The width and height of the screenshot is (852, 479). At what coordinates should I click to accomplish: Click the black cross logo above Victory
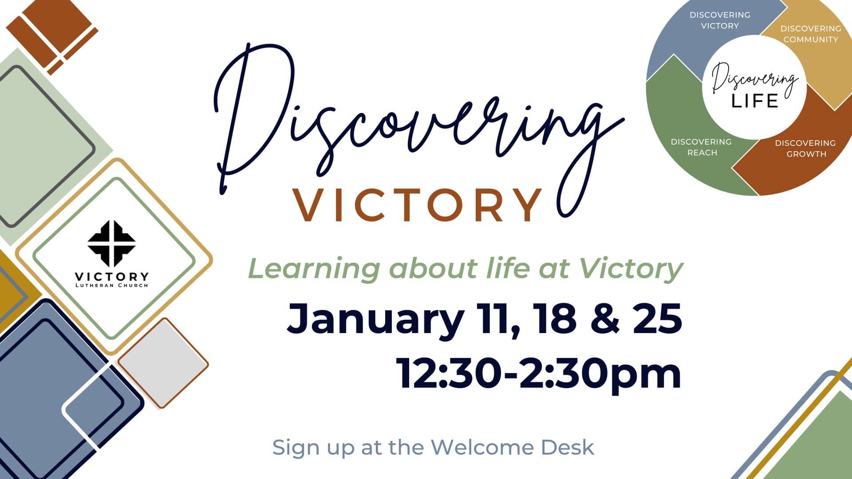pyautogui.click(x=111, y=244)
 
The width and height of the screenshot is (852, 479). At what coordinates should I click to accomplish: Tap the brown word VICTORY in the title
pyautogui.click(x=417, y=205)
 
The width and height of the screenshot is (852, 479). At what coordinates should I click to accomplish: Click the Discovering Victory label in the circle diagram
pyautogui.click(x=720, y=20)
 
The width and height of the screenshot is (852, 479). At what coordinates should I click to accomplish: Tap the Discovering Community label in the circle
pyautogui.click(x=811, y=34)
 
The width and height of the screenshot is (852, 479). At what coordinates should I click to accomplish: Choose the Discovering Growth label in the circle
pyautogui.click(x=805, y=149)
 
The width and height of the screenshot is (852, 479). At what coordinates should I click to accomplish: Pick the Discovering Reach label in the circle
pyautogui.click(x=701, y=147)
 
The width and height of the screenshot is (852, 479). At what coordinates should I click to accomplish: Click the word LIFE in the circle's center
pyautogui.click(x=754, y=101)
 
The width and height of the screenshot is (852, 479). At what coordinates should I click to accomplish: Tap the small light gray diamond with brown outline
pyautogui.click(x=163, y=363)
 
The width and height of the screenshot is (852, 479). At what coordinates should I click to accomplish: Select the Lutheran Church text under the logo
pyautogui.click(x=111, y=285)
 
